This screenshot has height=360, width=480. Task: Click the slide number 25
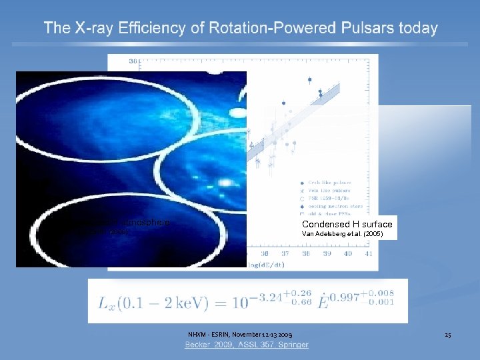coord(448,334)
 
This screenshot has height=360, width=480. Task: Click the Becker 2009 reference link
coord(247,345)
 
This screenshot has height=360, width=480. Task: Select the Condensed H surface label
coord(347,225)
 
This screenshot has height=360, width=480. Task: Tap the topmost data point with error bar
coord(309,79)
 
